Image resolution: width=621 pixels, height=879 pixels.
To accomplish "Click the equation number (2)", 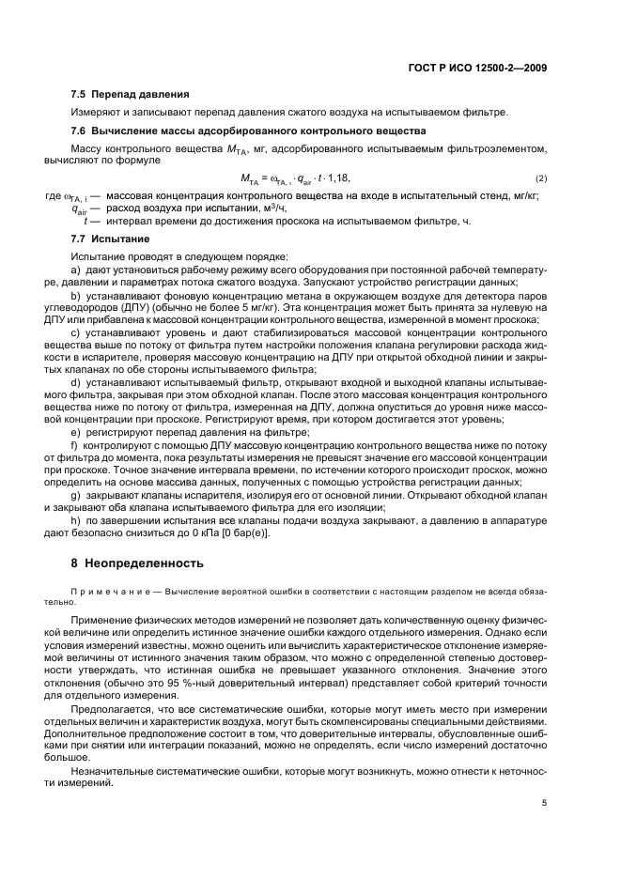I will tap(541, 178).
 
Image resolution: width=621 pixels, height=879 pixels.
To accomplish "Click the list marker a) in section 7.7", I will tap(76, 270).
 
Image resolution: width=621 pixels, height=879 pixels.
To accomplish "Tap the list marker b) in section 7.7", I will tap(76, 295).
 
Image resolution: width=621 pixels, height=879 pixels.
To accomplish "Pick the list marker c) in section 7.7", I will tap(76, 332).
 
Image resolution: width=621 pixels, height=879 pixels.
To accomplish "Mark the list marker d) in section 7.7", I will tap(76, 381).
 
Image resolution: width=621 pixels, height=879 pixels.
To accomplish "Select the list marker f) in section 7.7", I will tap(75, 442).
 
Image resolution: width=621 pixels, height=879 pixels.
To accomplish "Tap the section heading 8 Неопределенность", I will tap(137, 564).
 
